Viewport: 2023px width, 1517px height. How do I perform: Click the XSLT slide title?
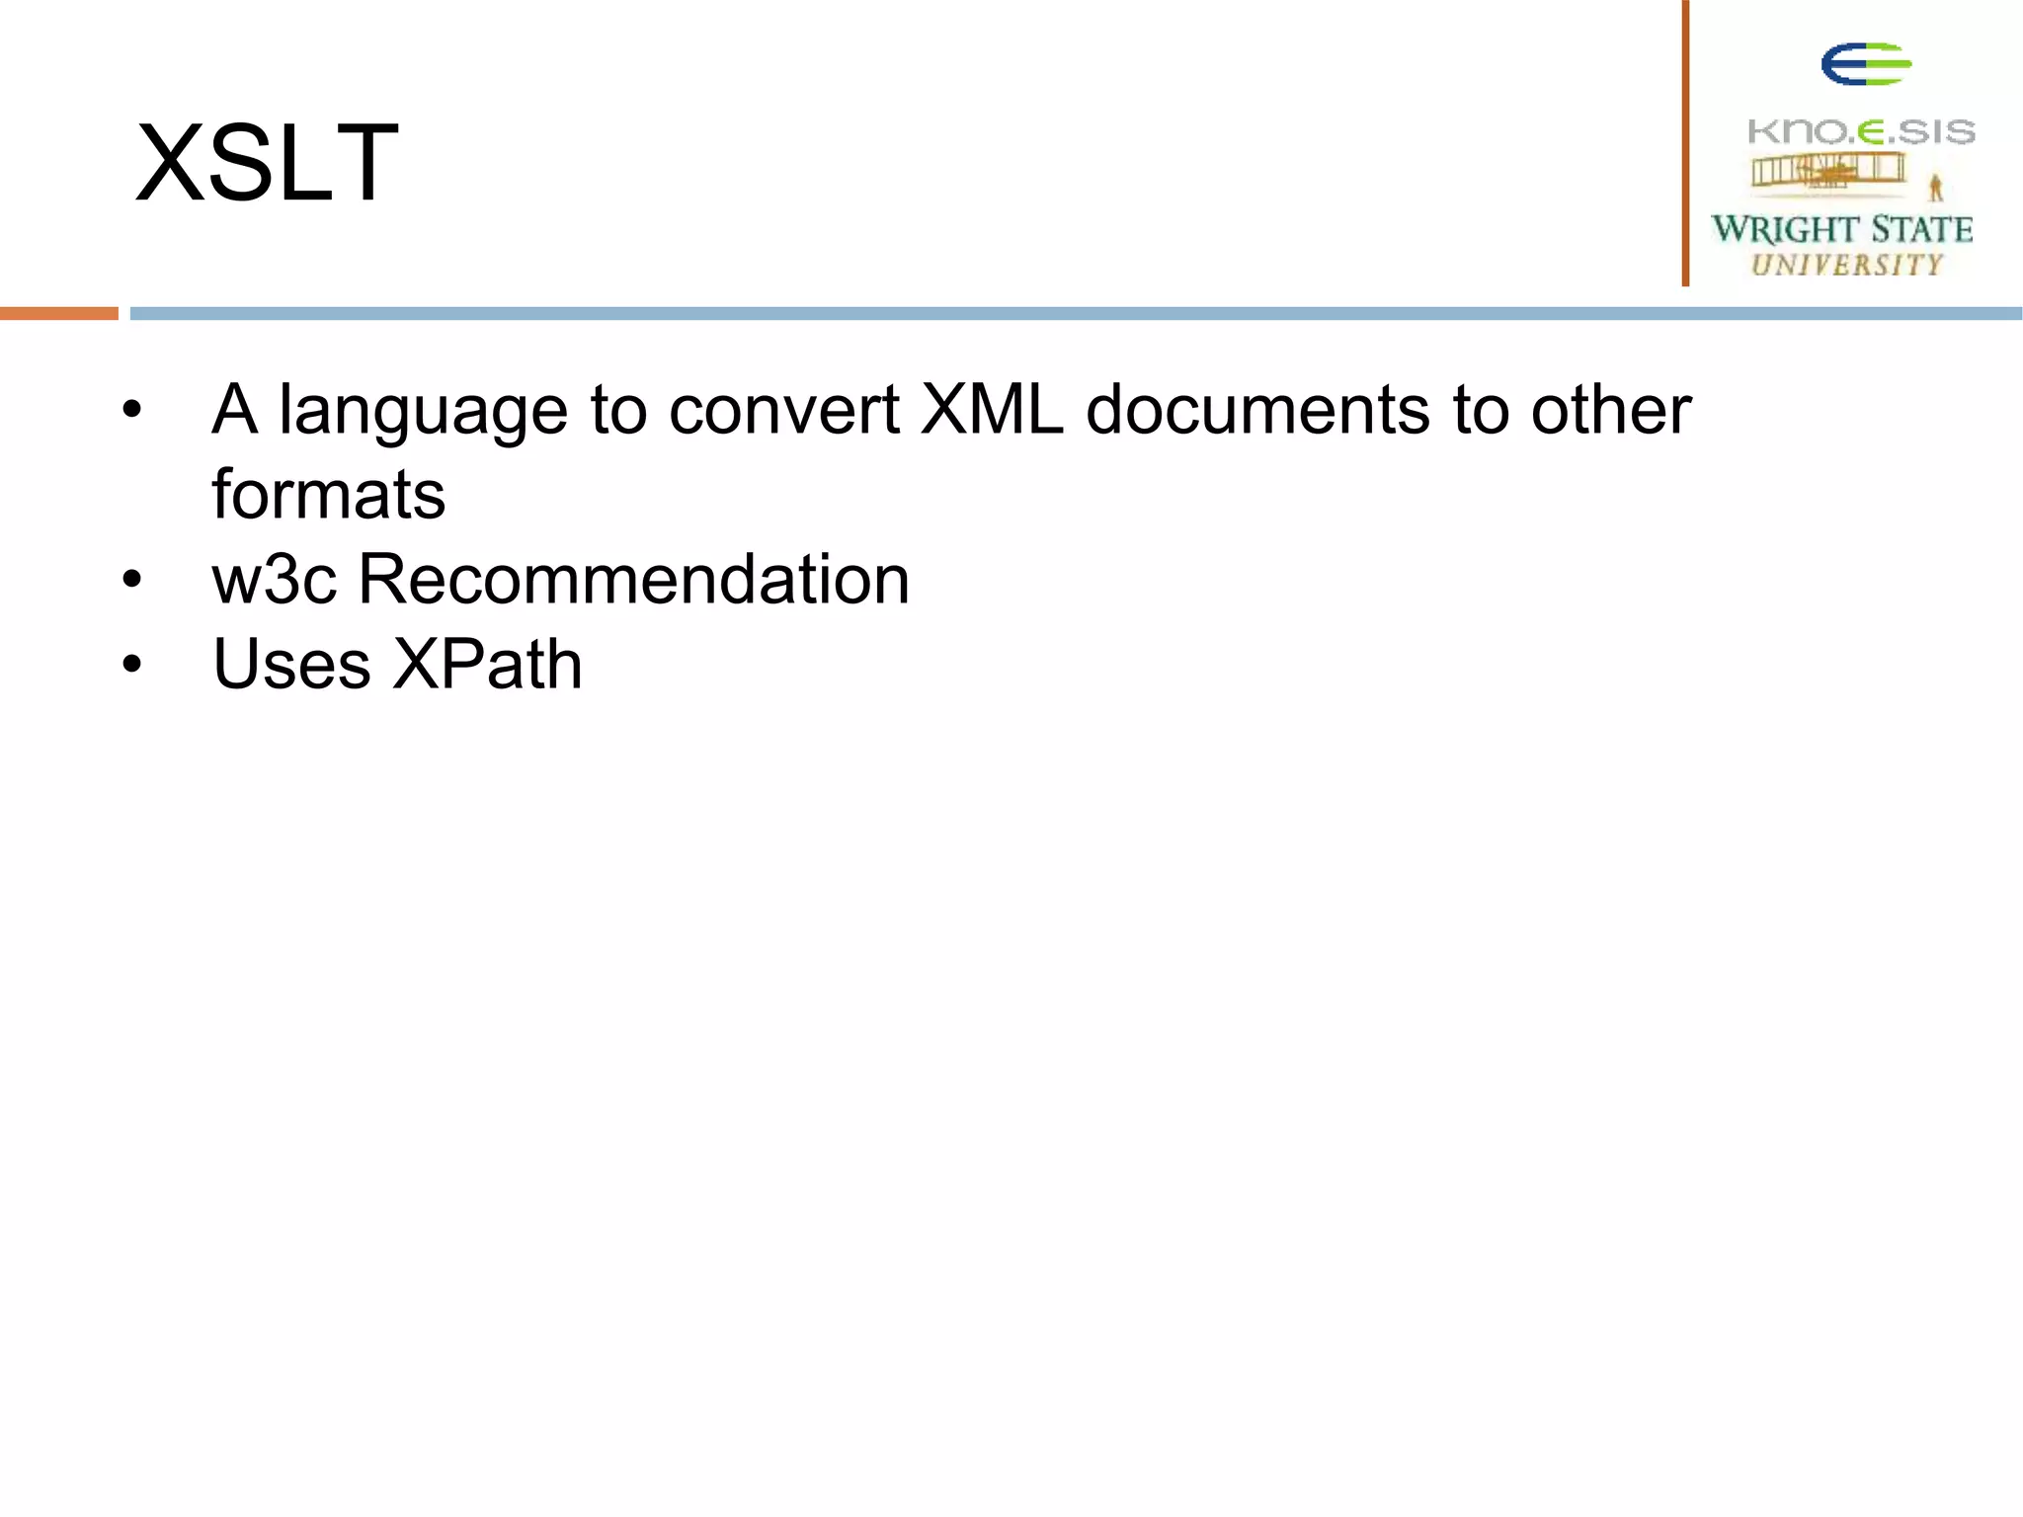267,163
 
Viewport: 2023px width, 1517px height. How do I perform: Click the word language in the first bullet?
423,411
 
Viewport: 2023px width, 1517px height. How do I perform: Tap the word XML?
992,409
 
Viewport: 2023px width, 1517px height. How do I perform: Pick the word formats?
328,494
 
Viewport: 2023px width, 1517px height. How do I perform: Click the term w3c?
274,580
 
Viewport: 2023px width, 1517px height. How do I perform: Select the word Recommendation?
633,579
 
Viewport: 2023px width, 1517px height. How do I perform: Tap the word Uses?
291,664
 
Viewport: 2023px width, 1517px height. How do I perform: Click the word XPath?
487,664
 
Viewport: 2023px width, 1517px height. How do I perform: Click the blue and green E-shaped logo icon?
1866,65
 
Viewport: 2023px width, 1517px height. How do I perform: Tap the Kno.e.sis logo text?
1861,131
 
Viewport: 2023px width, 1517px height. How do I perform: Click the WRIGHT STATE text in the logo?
1842,229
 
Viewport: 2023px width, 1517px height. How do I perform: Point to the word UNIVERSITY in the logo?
1847,265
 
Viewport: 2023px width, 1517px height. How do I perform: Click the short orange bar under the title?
59,313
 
